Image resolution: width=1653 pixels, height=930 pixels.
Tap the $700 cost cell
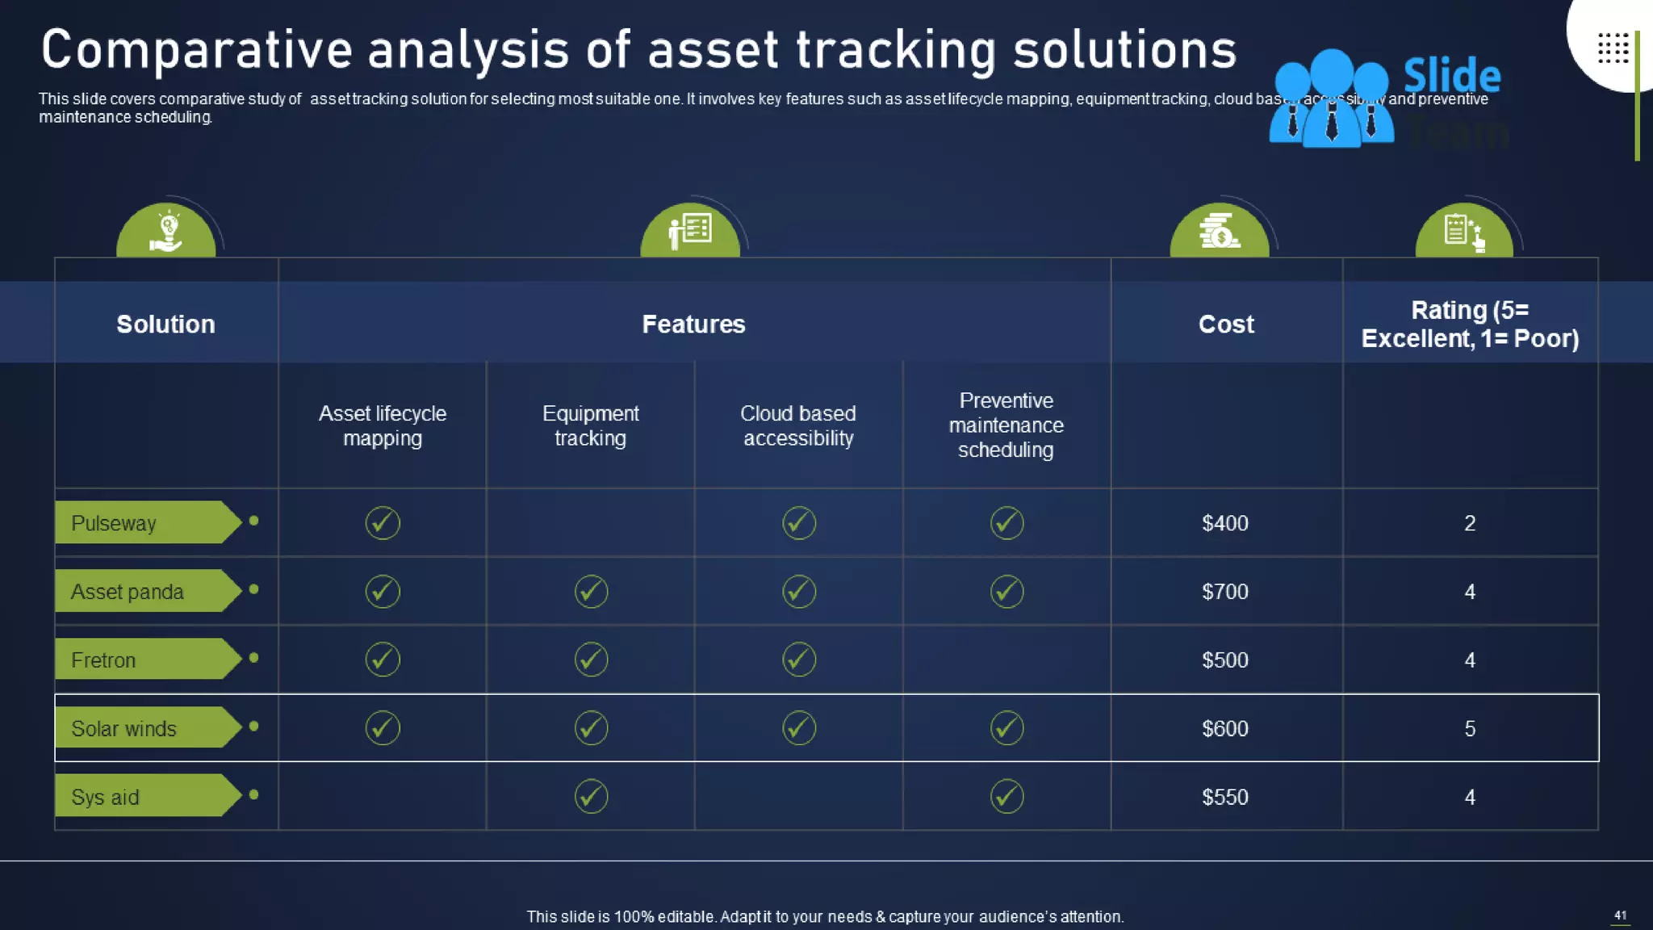(1224, 592)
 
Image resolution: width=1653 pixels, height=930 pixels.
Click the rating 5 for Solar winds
(1469, 729)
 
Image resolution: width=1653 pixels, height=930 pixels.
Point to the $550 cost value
(1224, 798)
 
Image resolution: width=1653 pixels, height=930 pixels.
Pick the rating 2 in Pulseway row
(1469, 523)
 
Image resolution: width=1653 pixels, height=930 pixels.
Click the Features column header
(693, 325)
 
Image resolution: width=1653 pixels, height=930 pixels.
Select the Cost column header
(1225, 325)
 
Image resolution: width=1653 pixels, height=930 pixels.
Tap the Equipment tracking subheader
(590, 425)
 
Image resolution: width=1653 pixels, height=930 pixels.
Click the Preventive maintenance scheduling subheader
(1006, 425)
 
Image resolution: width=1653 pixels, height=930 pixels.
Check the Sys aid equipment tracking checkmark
(591, 797)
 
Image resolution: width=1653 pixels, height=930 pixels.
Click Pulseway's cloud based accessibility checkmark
(798, 523)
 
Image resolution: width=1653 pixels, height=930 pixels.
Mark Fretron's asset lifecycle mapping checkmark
(383, 660)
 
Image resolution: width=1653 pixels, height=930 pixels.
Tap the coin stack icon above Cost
(1219, 231)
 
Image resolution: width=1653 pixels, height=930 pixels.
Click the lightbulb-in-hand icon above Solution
(166, 232)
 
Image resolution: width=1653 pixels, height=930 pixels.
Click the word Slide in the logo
(1451, 76)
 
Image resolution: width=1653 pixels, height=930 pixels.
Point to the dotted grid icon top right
(1613, 48)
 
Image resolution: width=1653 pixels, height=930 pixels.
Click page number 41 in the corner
(1620, 915)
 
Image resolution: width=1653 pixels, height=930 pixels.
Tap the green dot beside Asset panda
(253, 589)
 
